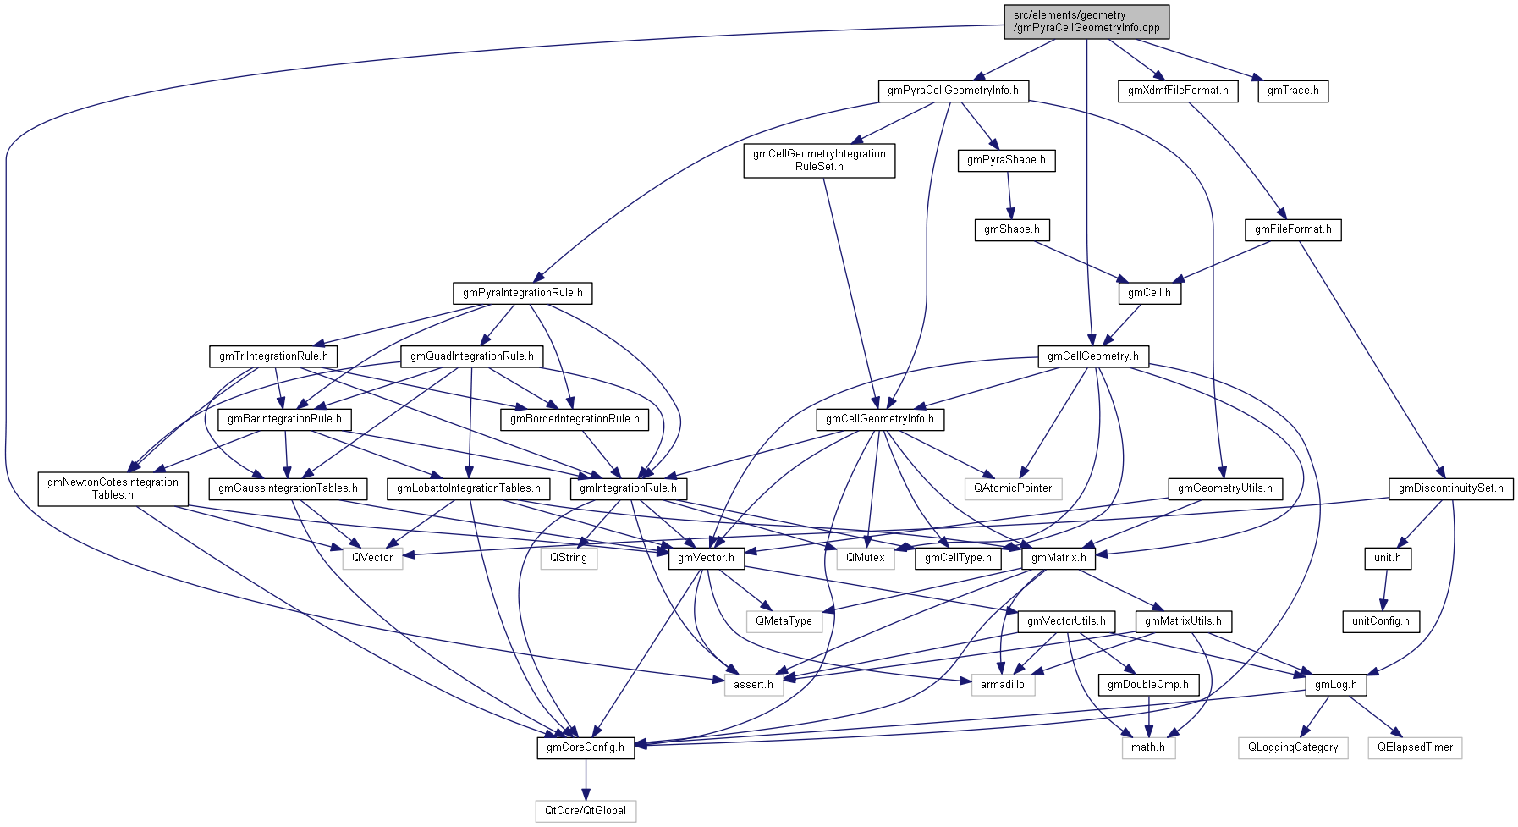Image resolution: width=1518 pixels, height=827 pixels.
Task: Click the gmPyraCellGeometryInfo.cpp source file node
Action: tap(1086, 21)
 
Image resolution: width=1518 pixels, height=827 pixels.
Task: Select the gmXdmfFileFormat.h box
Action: tap(1178, 91)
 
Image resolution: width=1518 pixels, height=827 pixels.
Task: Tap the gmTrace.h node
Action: tap(1293, 91)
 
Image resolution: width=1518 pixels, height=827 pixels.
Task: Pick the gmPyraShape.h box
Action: tap(1006, 160)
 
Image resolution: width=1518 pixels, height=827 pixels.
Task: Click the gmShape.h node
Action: tap(1012, 229)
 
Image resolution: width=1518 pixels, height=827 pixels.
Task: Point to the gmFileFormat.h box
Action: tap(1293, 229)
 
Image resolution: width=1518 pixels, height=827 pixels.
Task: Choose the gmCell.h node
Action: tap(1149, 293)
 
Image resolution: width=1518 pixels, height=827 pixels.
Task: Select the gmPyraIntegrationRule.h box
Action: tap(522, 293)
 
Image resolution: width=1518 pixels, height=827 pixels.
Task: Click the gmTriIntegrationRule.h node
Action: tap(273, 356)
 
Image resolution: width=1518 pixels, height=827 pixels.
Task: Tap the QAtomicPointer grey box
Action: tap(1013, 488)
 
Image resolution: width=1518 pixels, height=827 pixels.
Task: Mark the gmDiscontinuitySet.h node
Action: tap(1450, 488)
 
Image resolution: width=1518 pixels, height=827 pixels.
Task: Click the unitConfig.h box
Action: tap(1380, 621)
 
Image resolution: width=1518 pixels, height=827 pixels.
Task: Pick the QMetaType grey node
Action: tap(784, 621)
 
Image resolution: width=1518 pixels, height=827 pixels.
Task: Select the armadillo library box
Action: tap(1003, 684)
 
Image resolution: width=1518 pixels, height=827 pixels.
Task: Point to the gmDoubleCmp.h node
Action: tap(1148, 684)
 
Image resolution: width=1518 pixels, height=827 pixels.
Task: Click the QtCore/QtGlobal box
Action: tap(586, 811)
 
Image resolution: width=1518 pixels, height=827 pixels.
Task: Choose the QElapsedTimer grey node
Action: tap(1415, 747)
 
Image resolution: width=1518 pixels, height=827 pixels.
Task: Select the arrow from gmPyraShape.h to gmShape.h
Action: tap(1009, 195)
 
